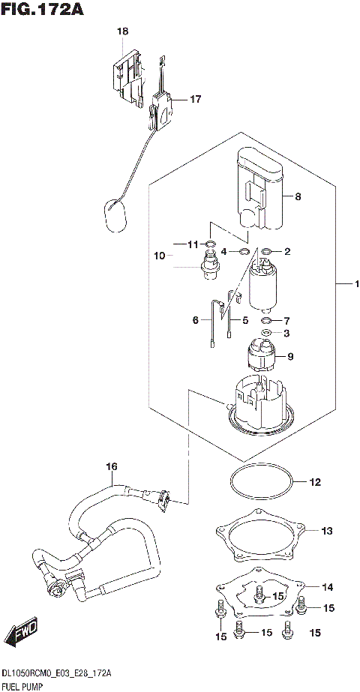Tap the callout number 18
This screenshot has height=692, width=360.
(123, 31)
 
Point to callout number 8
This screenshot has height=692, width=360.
(298, 197)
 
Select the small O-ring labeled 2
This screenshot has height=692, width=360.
(266, 251)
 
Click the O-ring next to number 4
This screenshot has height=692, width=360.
(244, 251)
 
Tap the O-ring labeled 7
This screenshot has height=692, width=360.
(266, 320)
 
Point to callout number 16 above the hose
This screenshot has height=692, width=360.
(112, 467)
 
